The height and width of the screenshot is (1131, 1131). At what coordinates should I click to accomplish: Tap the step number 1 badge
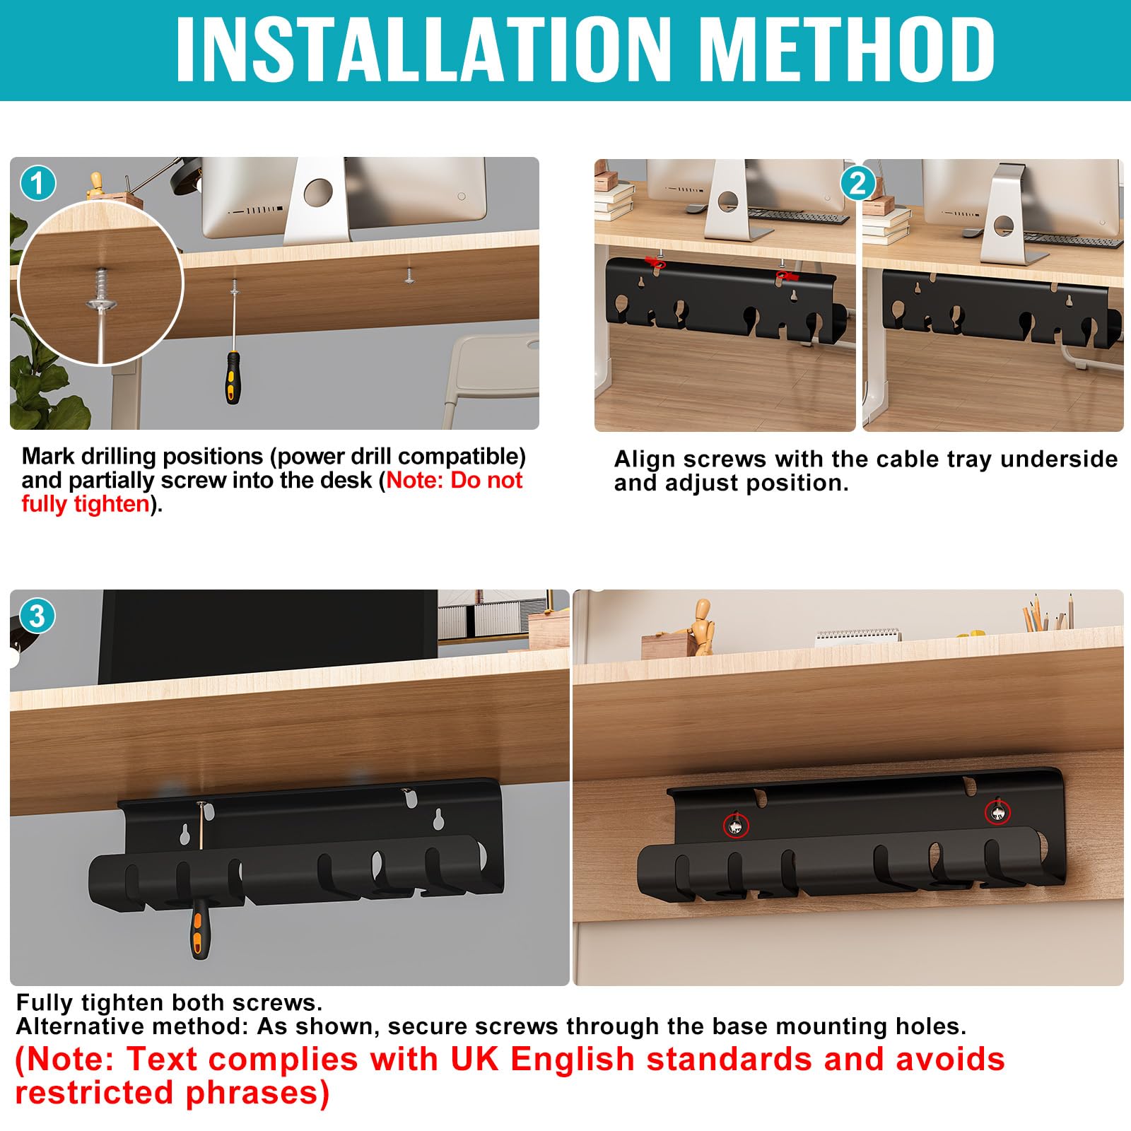38,184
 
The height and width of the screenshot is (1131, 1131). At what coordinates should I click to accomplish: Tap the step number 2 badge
857,184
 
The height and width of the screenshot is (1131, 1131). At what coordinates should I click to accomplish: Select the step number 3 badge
37,616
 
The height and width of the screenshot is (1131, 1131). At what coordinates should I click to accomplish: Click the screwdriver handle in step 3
200,932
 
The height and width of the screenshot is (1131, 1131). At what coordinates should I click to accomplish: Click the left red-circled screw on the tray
736,824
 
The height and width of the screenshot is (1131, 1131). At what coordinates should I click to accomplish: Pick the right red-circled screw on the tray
997,814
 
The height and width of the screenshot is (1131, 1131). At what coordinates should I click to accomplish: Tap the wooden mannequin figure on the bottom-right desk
701,626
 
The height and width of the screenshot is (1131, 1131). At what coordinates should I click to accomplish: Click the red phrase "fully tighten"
86,504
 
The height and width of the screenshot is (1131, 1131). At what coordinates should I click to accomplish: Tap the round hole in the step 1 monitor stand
317,192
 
